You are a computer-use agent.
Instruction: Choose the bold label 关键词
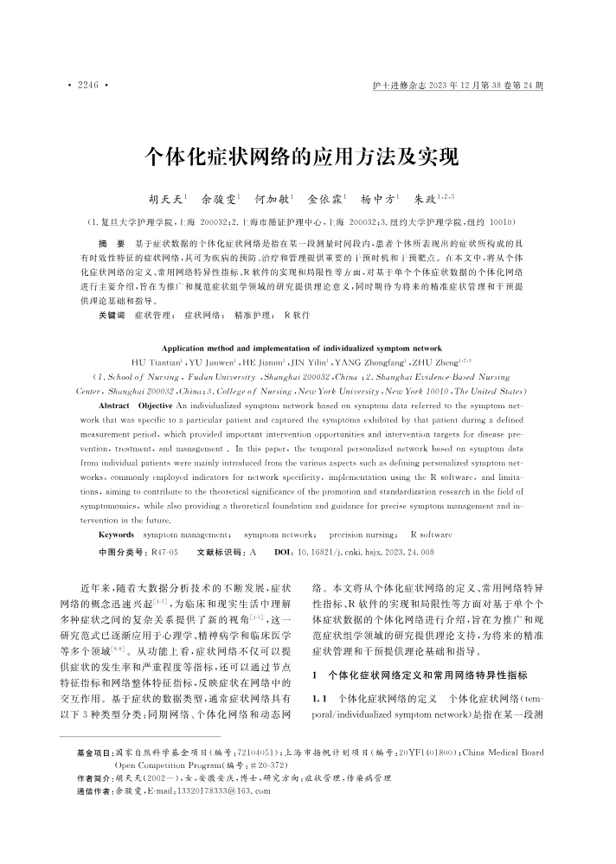[112, 317]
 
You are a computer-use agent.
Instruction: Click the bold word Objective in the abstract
[157, 405]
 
